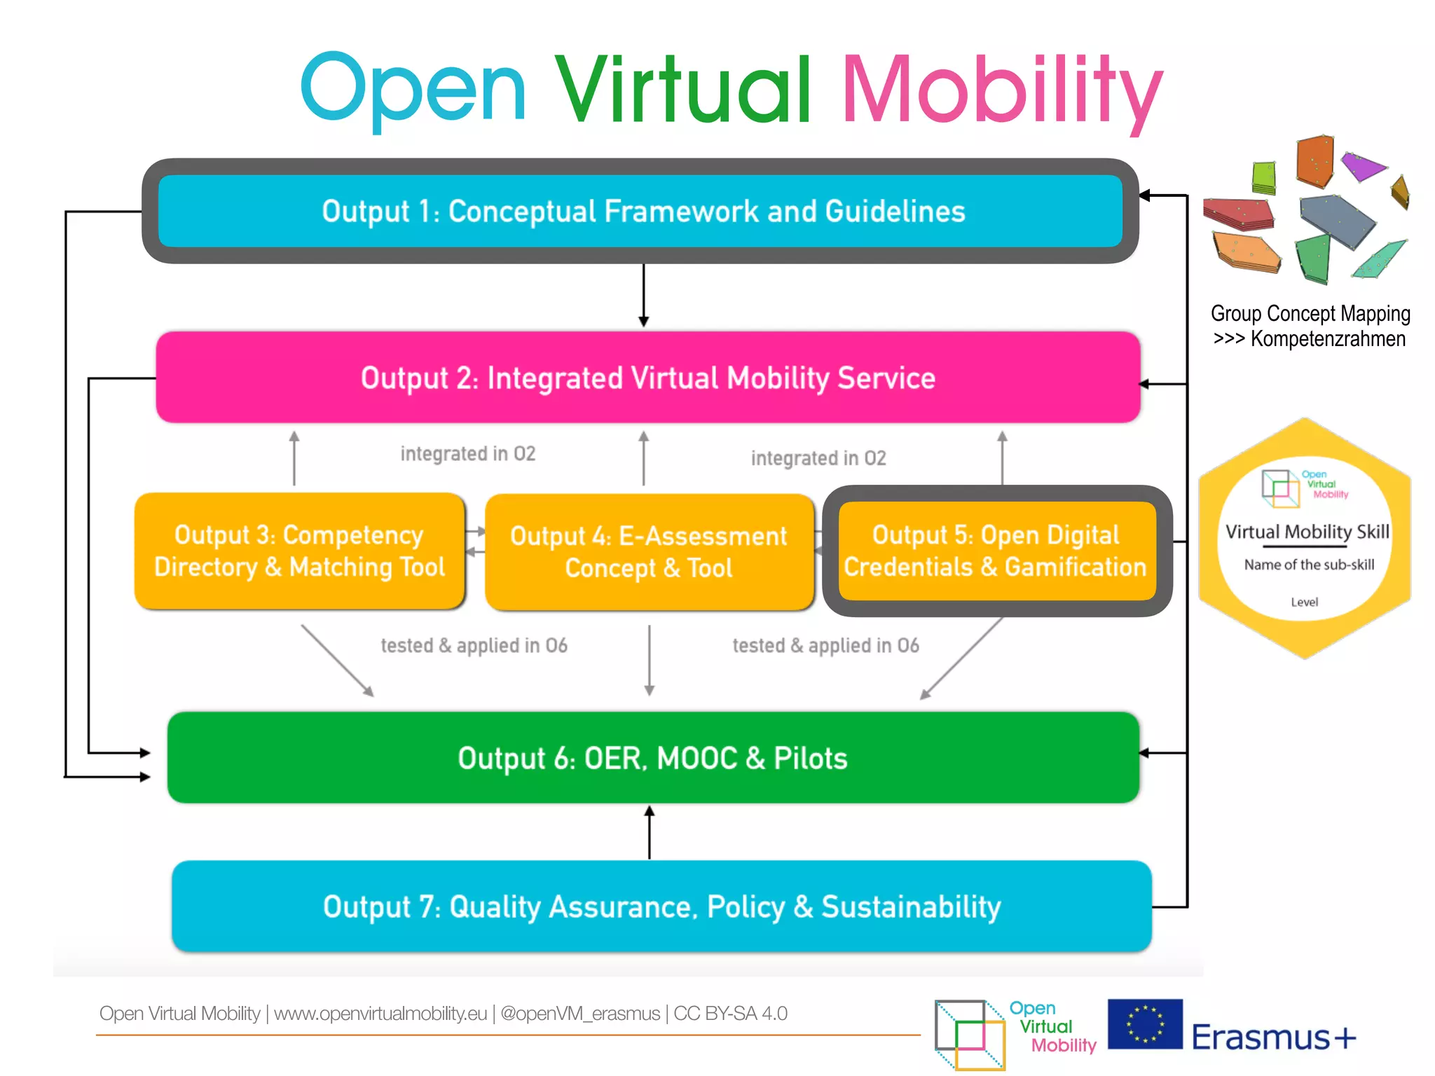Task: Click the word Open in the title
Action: tap(413, 90)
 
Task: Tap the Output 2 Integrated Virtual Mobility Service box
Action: tap(648, 378)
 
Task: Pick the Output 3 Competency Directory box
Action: tap(300, 551)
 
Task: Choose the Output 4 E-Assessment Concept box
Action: tap(649, 552)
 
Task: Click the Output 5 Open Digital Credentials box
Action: tap(996, 551)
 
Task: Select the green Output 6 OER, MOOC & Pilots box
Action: tap(653, 758)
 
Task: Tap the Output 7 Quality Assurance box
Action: tap(661, 906)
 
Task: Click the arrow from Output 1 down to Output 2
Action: tap(643, 294)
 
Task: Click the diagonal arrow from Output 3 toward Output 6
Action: tap(337, 661)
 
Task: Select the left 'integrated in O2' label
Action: tap(468, 454)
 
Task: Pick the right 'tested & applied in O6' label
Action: tap(825, 645)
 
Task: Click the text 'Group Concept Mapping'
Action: tap(1310, 313)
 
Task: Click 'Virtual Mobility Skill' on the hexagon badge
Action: tap(1307, 532)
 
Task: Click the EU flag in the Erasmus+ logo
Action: tap(1145, 1023)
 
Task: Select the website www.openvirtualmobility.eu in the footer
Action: tap(380, 1014)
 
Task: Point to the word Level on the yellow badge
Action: tap(1304, 602)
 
